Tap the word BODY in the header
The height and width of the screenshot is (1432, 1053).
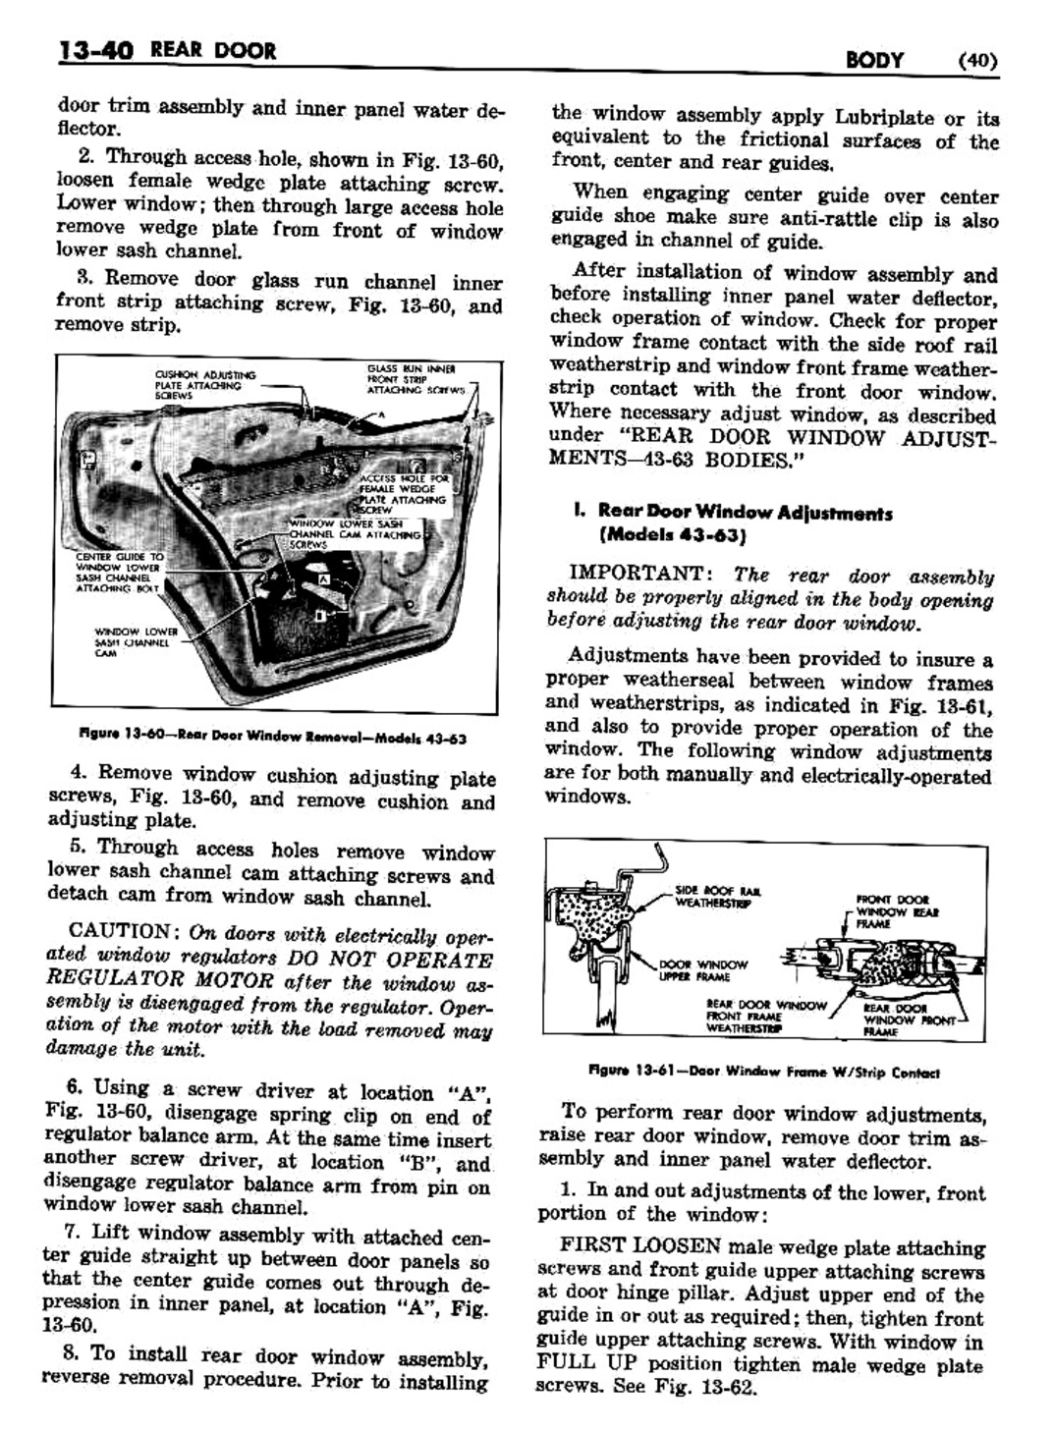(x=874, y=60)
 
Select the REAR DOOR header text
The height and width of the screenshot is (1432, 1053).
(x=214, y=49)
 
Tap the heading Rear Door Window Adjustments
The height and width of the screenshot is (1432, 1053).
(x=745, y=513)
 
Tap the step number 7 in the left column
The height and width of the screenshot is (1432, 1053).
(x=74, y=1236)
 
